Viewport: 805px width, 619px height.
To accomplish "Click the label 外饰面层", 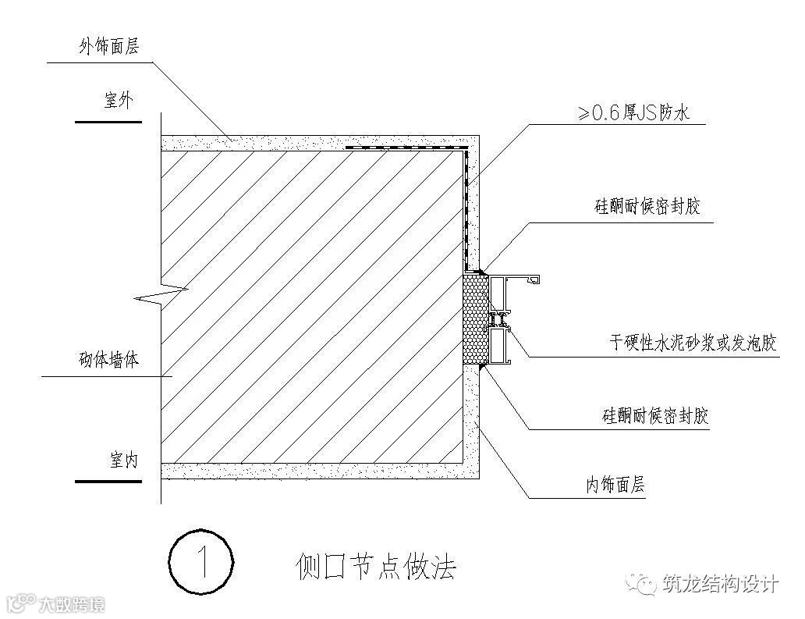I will tap(108, 47).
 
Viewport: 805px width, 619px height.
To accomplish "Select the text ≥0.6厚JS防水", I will tap(633, 113).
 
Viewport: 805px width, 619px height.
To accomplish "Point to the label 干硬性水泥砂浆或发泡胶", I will tap(693, 343).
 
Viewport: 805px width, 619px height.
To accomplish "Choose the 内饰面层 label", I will tap(616, 486).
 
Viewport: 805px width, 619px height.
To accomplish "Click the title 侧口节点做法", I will tap(375, 564).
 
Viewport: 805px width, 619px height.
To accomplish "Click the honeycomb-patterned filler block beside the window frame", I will tap(476, 319).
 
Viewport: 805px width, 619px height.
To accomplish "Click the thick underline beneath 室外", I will tap(108, 122).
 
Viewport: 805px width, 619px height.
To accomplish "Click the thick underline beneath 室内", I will tap(108, 481).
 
